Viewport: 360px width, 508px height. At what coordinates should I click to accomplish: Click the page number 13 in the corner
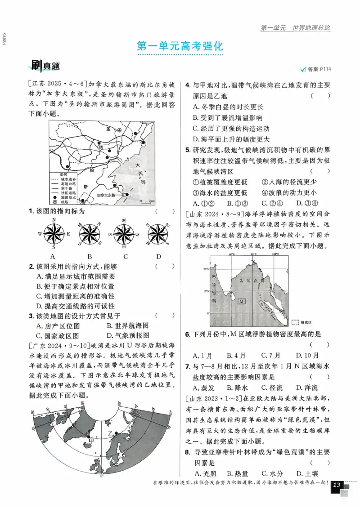click(337, 485)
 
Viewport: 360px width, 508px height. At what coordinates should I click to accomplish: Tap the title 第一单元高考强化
click(180, 46)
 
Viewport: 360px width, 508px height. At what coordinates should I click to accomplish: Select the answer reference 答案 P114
click(315, 69)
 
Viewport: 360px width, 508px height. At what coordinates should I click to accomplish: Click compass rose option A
click(54, 234)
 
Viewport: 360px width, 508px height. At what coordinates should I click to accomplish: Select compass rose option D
click(159, 234)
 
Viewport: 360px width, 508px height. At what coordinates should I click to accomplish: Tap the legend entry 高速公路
click(66, 183)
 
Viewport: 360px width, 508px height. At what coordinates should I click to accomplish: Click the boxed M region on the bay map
click(242, 301)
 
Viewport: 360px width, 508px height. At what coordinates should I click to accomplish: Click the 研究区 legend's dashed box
click(295, 322)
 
